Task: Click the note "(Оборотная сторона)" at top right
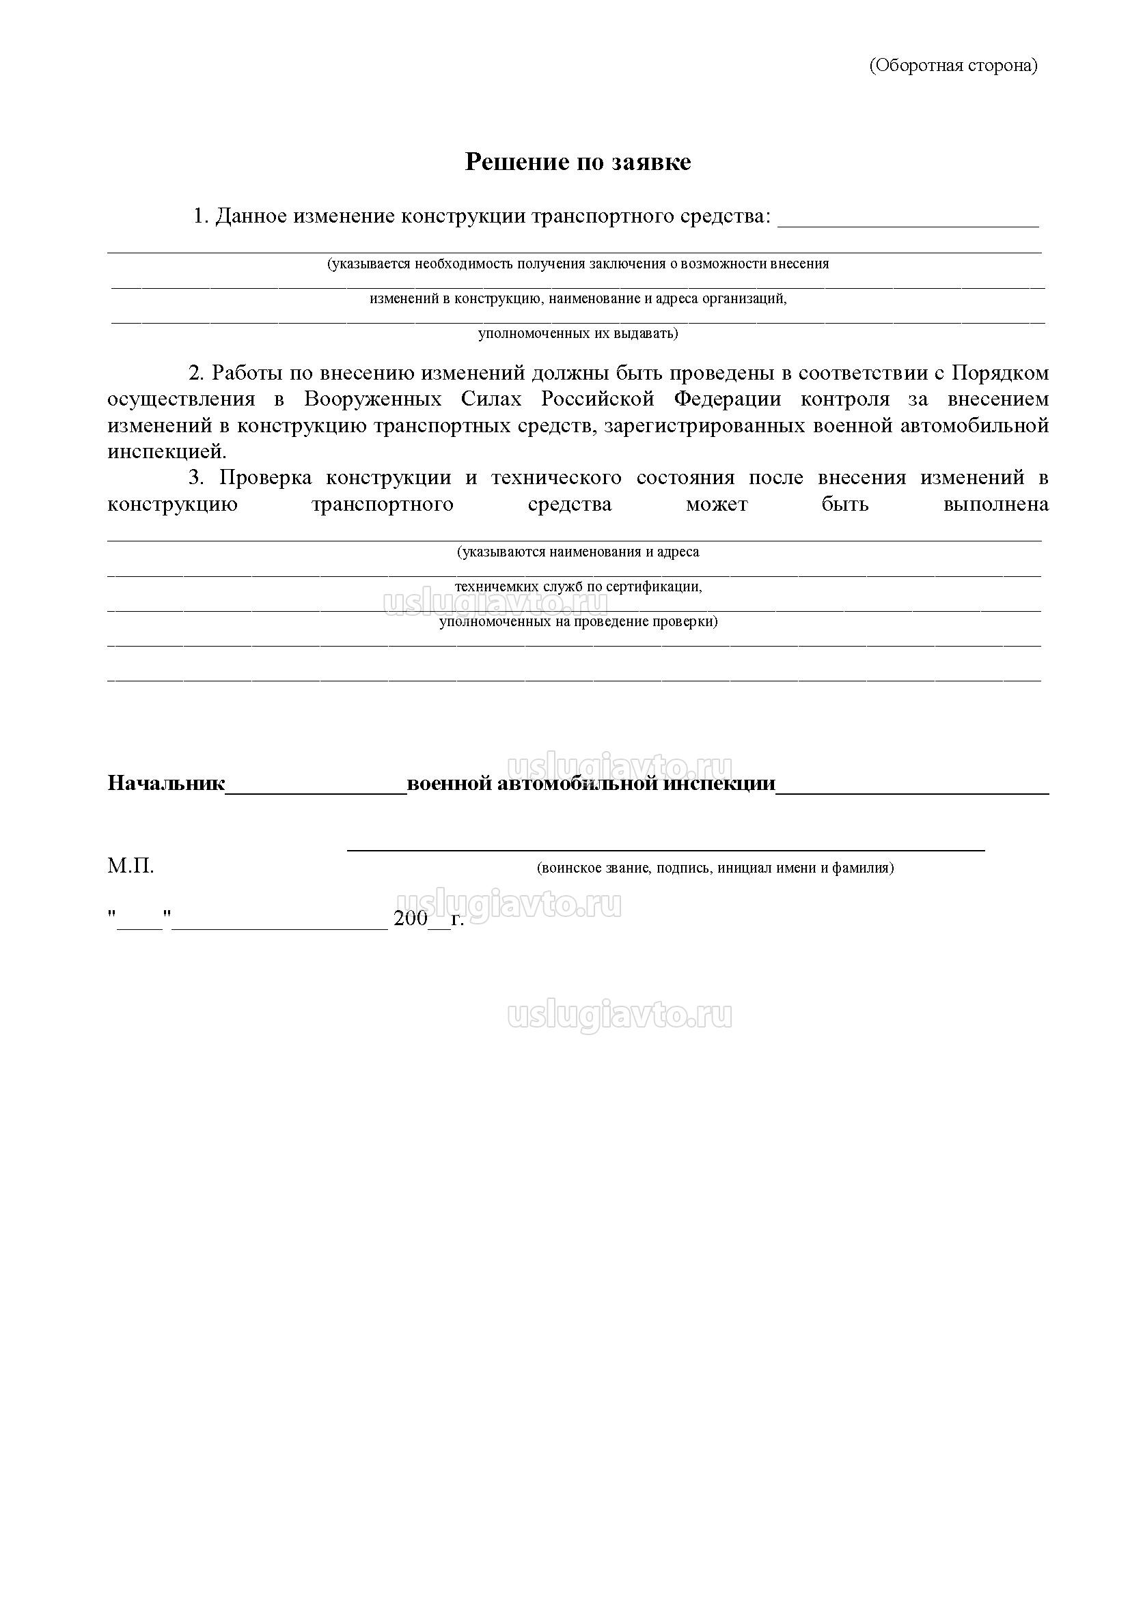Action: point(952,66)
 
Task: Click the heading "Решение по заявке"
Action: point(577,162)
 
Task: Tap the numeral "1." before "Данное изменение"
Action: point(201,216)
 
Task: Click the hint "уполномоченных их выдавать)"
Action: point(577,334)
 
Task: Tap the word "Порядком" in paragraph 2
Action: point(1000,373)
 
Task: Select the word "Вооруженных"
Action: point(372,399)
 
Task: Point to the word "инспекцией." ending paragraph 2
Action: point(167,451)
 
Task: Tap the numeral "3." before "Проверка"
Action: point(197,478)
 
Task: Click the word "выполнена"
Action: point(995,505)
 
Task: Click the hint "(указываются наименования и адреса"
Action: point(577,552)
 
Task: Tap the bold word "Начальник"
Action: point(166,784)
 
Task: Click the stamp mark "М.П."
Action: point(130,866)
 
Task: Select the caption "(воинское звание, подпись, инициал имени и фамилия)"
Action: point(715,868)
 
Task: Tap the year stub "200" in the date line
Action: point(411,918)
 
